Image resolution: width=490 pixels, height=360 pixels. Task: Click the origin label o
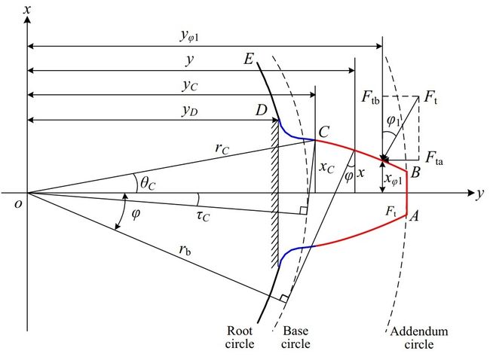click(x=18, y=204)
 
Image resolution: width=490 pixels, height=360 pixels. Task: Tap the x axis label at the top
click(x=27, y=9)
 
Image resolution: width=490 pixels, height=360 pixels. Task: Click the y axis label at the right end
click(x=479, y=194)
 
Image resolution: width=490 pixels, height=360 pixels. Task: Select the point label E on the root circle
click(x=249, y=59)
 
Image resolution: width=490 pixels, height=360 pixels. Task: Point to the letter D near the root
click(x=262, y=110)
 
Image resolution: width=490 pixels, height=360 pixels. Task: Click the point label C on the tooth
click(x=323, y=132)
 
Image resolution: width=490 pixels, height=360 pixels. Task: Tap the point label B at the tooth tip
click(x=415, y=172)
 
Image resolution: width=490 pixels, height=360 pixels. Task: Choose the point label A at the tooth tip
click(x=414, y=215)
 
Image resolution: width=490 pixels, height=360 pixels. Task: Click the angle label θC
click(x=148, y=183)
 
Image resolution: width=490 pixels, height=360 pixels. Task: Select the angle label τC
click(x=203, y=215)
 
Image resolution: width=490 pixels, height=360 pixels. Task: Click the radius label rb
click(x=185, y=250)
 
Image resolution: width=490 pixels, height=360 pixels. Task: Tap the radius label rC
click(x=222, y=148)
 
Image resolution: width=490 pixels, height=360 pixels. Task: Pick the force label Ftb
click(x=371, y=97)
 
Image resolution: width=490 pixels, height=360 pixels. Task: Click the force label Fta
click(x=434, y=157)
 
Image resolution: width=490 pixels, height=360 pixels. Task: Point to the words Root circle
click(x=240, y=337)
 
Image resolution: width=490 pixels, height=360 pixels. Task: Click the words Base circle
click(x=296, y=337)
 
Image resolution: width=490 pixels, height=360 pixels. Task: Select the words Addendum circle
click(x=419, y=337)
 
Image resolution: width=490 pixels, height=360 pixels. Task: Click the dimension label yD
click(x=190, y=111)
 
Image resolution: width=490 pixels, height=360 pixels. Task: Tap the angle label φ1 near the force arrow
click(x=393, y=121)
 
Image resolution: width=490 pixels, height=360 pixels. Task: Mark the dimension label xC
click(x=327, y=168)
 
